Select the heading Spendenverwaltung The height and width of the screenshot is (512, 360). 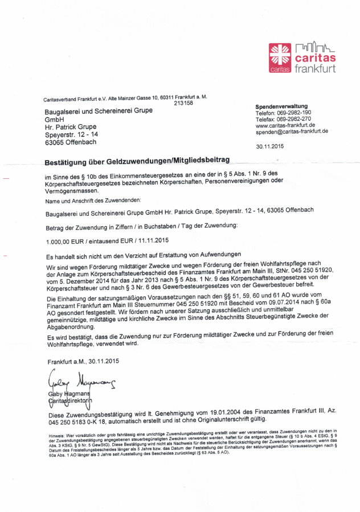(281, 107)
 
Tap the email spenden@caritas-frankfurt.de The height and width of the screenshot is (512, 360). (292, 132)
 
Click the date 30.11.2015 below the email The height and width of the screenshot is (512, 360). (270, 146)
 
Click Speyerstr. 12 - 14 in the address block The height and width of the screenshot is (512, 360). (71, 134)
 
